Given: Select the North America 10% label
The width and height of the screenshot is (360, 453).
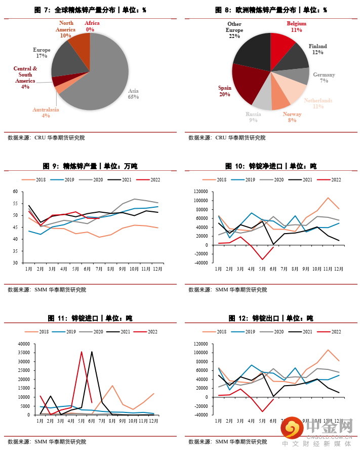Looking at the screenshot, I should (66, 29).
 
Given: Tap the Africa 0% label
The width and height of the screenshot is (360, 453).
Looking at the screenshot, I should (92, 26).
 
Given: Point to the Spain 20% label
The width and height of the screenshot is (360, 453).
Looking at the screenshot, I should (224, 91).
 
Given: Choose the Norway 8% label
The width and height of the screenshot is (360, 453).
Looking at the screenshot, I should (292, 118).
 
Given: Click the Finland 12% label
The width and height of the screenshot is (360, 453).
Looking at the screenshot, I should (317, 49).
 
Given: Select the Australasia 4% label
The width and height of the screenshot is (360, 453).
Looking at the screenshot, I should (46, 112).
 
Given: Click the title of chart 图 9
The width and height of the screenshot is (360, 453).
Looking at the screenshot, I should (90, 166).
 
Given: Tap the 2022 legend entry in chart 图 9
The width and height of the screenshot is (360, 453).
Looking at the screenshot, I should (150, 179).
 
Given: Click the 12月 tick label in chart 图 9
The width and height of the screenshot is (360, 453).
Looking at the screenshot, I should (158, 270).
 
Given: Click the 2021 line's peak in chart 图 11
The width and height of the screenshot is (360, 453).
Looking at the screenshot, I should (92, 352).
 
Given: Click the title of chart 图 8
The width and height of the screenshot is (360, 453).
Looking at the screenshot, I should (271, 10).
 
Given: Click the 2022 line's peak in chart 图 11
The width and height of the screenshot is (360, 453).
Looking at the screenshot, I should (82, 352).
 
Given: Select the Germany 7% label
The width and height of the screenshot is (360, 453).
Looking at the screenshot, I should (324, 78).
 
